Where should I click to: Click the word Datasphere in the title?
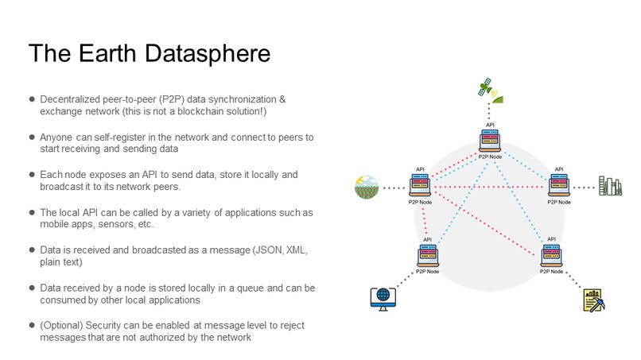click(x=207, y=53)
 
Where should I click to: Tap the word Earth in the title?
click(x=108, y=53)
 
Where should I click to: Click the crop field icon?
click(x=367, y=188)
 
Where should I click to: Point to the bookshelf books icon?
click(x=610, y=187)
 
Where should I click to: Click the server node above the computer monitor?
click(x=428, y=255)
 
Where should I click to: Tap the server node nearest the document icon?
click(x=552, y=255)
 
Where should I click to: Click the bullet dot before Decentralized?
click(x=32, y=99)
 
